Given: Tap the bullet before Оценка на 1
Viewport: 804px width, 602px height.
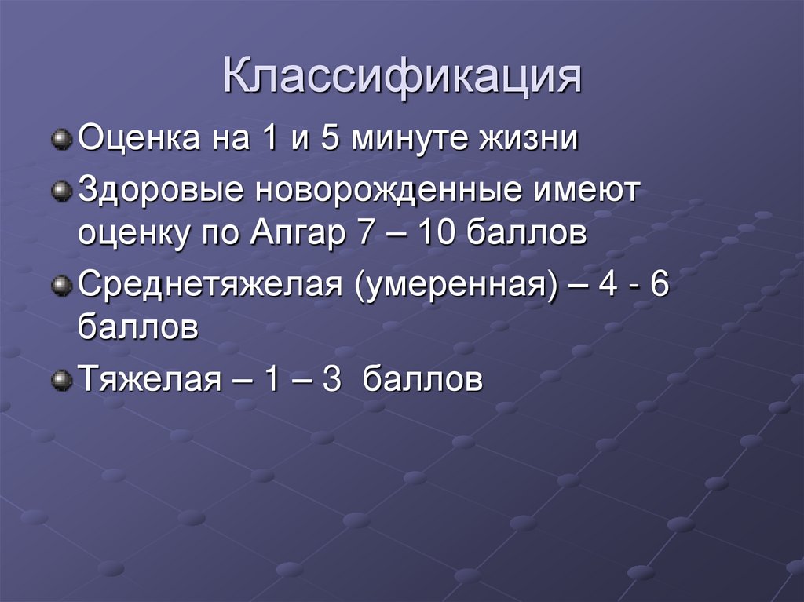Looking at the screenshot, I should point(60,142).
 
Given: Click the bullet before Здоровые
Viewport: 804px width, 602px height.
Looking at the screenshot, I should point(60,192).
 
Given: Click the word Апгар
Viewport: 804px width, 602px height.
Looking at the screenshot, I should point(295,234).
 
